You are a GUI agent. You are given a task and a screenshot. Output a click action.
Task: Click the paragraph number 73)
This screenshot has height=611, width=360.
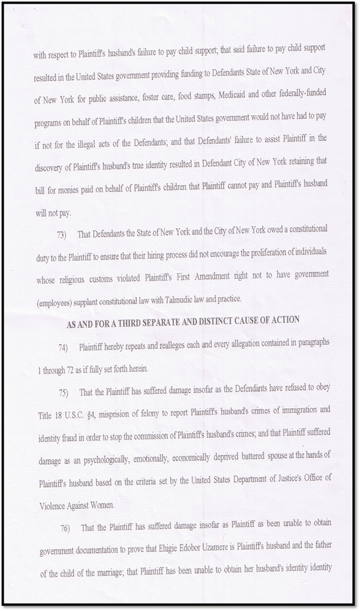point(62,234)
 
